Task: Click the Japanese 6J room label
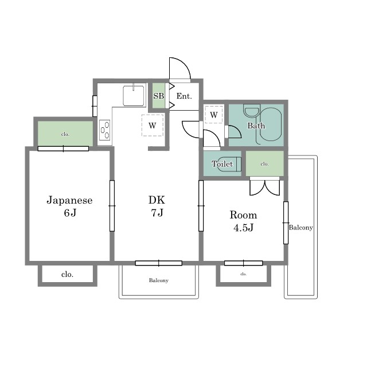pos(69,206)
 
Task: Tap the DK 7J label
pos(157,206)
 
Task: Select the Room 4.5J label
pos(243,221)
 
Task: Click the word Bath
pos(256,126)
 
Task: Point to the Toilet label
pos(222,163)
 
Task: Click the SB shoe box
pos(159,96)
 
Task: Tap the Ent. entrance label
pos(184,96)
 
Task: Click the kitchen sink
pos(134,96)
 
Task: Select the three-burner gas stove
pos(104,130)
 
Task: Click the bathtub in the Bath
pos(271,124)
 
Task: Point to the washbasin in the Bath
pos(252,111)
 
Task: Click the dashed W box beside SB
pos(153,125)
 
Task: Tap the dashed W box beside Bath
pos(213,115)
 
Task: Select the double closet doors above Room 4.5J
pos(265,188)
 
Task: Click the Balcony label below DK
pos(159,280)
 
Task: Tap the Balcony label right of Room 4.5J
pos(300,228)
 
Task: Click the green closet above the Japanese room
pos(65,134)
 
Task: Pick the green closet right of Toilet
pos(265,163)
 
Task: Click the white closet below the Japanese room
pos(68,274)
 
